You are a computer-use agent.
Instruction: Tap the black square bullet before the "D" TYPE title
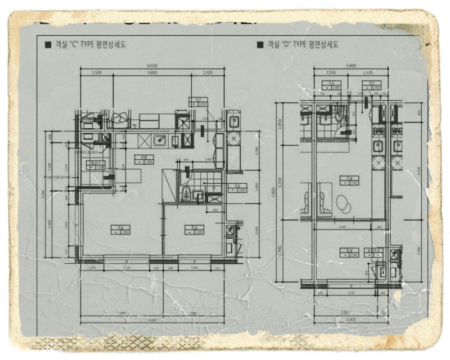coord(260,45)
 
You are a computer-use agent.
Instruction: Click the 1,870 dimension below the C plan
coord(93,269)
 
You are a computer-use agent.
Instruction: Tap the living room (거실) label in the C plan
coord(120,229)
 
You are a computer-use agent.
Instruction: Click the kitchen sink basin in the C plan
coord(159,141)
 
